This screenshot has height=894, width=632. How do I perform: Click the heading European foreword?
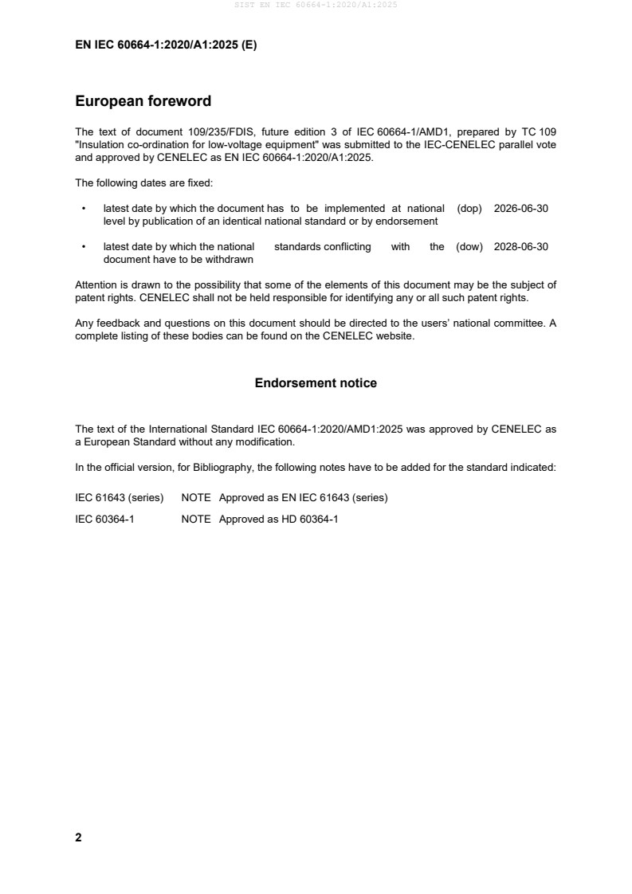(x=143, y=101)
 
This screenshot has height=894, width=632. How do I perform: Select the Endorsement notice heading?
(x=316, y=383)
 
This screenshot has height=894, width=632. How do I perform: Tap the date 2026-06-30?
(x=521, y=209)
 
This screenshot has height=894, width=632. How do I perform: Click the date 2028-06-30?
(x=521, y=247)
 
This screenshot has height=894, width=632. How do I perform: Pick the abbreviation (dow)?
(x=469, y=247)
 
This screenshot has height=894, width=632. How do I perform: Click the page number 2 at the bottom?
(x=78, y=837)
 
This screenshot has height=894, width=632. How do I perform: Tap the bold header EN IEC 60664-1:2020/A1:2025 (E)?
(x=166, y=45)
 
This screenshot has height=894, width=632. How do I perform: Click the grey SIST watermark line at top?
(x=316, y=5)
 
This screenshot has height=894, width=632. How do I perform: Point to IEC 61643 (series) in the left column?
(x=120, y=498)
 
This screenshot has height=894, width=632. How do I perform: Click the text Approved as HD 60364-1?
(x=278, y=519)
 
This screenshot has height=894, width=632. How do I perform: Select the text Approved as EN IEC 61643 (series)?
(x=303, y=498)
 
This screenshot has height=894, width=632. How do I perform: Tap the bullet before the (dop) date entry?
(x=84, y=209)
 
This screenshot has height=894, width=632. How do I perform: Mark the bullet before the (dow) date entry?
(x=84, y=247)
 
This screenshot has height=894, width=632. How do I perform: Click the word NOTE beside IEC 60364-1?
(x=196, y=519)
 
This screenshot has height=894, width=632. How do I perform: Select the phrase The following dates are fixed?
(x=143, y=182)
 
